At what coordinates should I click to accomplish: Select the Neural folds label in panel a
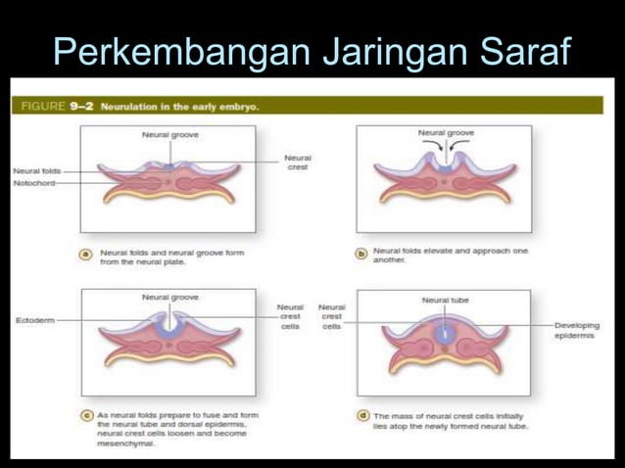point(36,170)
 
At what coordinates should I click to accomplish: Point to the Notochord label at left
point(34,183)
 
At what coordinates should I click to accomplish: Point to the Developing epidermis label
point(577,330)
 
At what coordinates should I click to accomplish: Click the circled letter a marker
point(86,254)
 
